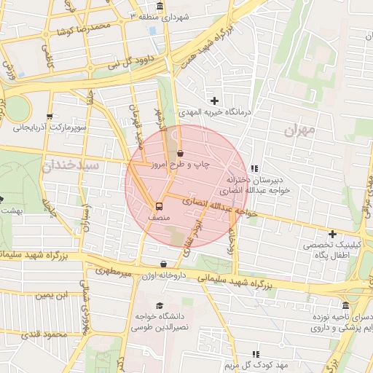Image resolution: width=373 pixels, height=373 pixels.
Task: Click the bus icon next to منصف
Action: coord(160,205)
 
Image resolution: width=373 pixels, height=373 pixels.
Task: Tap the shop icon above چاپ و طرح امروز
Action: coord(180,153)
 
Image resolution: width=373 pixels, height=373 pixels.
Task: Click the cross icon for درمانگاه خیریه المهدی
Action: coord(214,101)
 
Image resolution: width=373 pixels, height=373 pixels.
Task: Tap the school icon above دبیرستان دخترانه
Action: coord(254,168)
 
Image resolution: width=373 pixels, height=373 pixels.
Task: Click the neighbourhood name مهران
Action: coord(300,131)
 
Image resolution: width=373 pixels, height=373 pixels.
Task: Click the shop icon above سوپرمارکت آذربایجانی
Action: coord(50,116)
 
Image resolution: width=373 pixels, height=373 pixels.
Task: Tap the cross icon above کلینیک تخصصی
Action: coord(332,234)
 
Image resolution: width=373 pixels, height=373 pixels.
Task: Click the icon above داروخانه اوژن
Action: coord(162,264)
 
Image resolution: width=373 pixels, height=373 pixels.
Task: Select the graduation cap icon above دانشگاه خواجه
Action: coord(160,305)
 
